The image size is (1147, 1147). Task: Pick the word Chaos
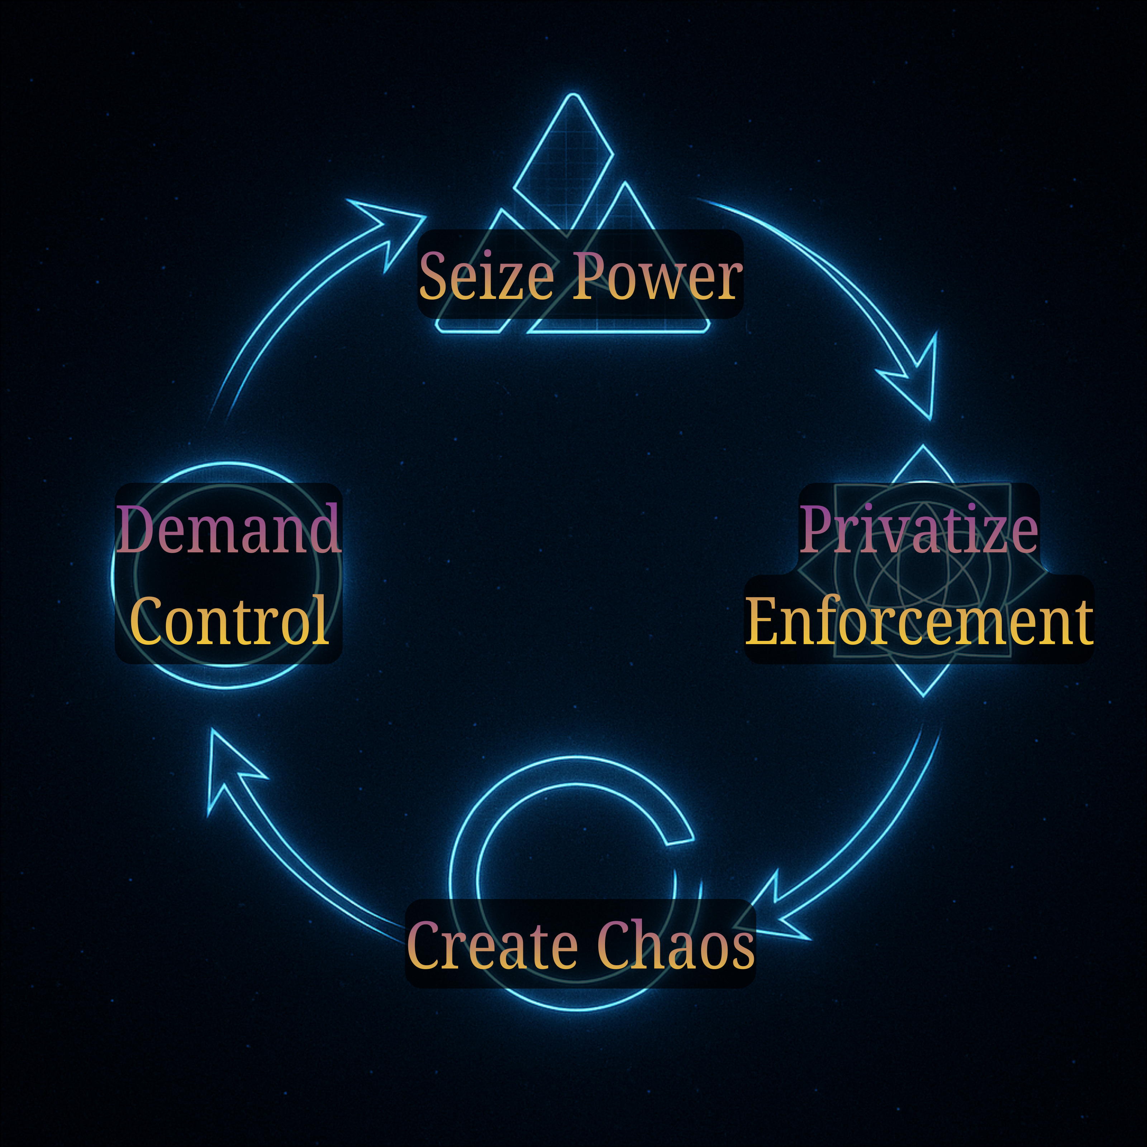pos(674,945)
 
